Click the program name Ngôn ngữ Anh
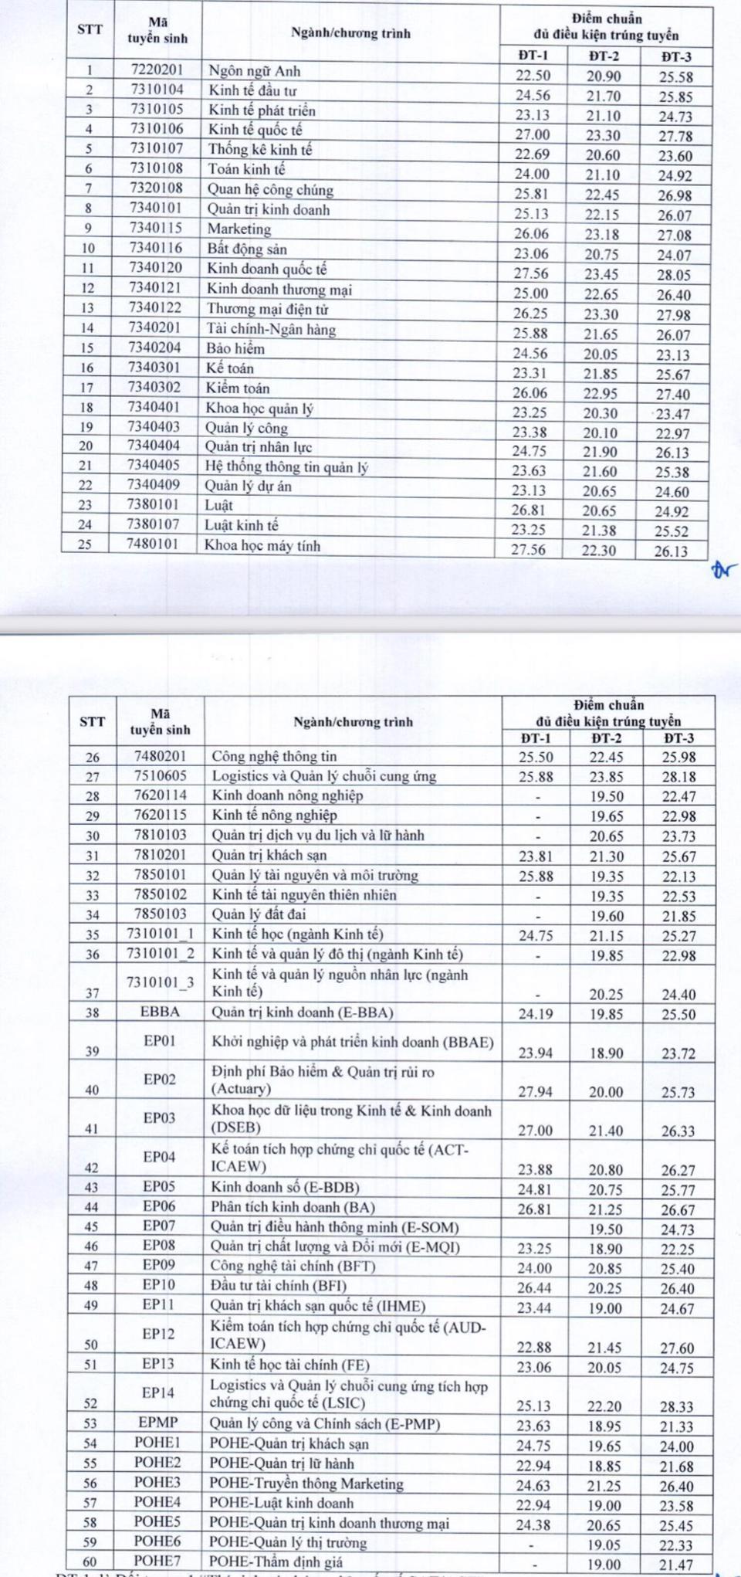(x=255, y=71)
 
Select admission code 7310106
(x=157, y=129)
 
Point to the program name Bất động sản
(x=247, y=249)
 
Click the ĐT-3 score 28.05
(x=674, y=275)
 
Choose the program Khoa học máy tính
(x=262, y=545)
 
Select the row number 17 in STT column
(x=87, y=388)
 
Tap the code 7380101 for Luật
(x=154, y=504)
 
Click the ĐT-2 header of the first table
(x=603, y=56)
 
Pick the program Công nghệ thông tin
(x=275, y=756)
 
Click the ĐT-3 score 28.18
(x=678, y=777)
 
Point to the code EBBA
(x=160, y=1012)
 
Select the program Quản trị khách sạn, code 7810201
(x=269, y=855)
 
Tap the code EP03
(x=159, y=1117)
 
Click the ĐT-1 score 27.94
(x=535, y=1092)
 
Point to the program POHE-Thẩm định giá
(x=276, y=1562)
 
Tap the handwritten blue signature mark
(x=725, y=571)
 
